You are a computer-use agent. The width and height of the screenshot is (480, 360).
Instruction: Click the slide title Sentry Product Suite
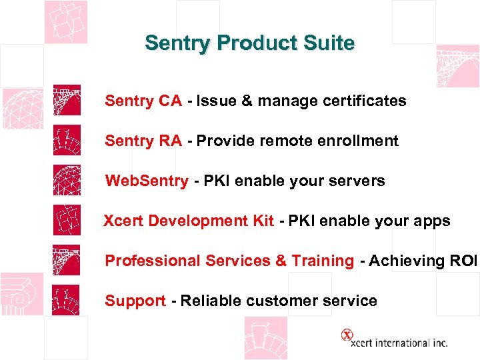tap(250, 43)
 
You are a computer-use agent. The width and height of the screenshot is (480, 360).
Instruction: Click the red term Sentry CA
tap(143, 101)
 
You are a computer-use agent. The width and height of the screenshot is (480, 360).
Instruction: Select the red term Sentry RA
tap(143, 141)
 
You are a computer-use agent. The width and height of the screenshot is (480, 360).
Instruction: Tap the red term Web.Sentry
tap(147, 181)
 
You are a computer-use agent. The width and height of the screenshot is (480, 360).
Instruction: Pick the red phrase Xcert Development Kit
tap(189, 221)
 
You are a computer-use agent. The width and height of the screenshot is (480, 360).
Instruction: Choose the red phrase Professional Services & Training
tap(229, 261)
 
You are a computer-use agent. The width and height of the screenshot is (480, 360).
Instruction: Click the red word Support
tap(135, 301)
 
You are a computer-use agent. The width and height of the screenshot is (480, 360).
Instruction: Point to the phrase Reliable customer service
tap(279, 301)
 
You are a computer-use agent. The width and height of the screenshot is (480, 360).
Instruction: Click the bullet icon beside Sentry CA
tap(67, 100)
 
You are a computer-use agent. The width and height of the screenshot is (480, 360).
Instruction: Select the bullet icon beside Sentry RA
tap(67, 140)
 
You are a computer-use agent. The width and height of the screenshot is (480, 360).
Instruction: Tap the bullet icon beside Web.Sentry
tap(67, 180)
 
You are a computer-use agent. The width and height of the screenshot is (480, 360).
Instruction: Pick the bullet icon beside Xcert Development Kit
tap(67, 220)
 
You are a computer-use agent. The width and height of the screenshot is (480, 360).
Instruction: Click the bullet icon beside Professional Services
tap(67, 260)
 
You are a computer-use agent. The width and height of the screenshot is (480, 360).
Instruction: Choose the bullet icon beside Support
tap(67, 300)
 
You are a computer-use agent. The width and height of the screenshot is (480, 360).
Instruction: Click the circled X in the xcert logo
tap(347, 335)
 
